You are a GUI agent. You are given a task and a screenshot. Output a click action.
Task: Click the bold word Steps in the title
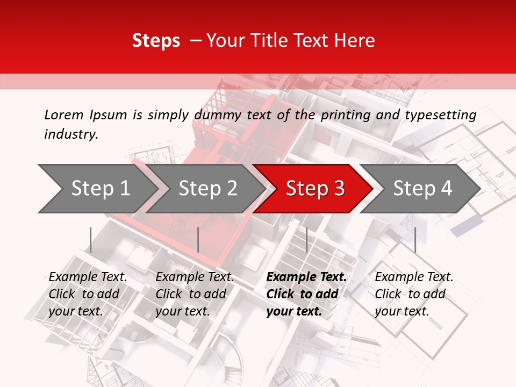click(x=156, y=41)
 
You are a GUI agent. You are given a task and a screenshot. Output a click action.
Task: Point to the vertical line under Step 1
click(x=91, y=240)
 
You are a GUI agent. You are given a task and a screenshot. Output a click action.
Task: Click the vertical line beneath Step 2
click(x=198, y=240)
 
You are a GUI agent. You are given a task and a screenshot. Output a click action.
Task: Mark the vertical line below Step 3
click(x=306, y=240)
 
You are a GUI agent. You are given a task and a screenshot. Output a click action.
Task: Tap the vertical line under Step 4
click(x=415, y=240)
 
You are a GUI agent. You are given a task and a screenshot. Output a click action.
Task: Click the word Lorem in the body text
click(x=63, y=114)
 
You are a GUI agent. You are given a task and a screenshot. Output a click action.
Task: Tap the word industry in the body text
click(x=71, y=134)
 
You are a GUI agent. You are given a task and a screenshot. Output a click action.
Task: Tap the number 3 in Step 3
click(x=338, y=188)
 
